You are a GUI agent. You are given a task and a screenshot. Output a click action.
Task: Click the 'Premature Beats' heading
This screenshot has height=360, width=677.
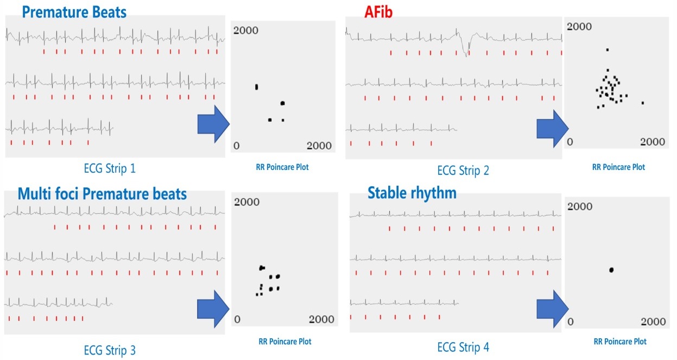point(74,12)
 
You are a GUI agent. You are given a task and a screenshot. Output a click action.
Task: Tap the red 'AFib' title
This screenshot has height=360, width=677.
point(378,12)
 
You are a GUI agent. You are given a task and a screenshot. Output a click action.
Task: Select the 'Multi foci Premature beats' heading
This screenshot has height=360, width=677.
point(102,194)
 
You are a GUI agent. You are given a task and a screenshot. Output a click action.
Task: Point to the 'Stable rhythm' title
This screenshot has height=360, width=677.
point(412,193)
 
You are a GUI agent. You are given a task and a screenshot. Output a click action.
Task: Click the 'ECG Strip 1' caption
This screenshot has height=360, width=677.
point(110,168)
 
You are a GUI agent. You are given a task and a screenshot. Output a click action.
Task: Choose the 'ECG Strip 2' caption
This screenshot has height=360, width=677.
point(463,170)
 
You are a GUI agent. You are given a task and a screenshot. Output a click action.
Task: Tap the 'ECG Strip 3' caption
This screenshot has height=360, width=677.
point(110,350)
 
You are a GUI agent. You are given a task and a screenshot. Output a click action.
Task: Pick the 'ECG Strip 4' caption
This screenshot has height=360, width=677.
point(463,347)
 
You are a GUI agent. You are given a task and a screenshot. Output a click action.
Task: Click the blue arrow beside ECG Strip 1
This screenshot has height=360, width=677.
point(213,124)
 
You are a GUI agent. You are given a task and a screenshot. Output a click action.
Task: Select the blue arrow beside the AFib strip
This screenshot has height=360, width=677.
point(553,129)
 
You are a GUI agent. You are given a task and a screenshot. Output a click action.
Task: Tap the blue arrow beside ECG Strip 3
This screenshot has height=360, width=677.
point(213,309)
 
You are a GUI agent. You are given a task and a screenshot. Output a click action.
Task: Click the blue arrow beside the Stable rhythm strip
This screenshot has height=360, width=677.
point(553,309)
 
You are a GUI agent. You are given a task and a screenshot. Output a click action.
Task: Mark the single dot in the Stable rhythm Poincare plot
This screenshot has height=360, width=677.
point(611,270)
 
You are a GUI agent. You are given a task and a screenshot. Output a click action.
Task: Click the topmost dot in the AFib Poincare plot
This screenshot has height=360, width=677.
point(608,49)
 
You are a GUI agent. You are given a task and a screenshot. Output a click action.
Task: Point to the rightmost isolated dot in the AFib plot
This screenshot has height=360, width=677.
point(643,103)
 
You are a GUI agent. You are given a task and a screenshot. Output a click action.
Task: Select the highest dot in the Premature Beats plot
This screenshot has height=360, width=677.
point(257,87)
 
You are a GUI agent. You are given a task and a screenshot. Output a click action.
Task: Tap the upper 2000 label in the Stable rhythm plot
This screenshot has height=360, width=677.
point(580,206)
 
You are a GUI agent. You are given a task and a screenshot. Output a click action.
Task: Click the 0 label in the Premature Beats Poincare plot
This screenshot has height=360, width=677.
point(236,146)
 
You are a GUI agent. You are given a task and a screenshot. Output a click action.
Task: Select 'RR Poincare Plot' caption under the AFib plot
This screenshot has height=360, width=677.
point(618,167)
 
